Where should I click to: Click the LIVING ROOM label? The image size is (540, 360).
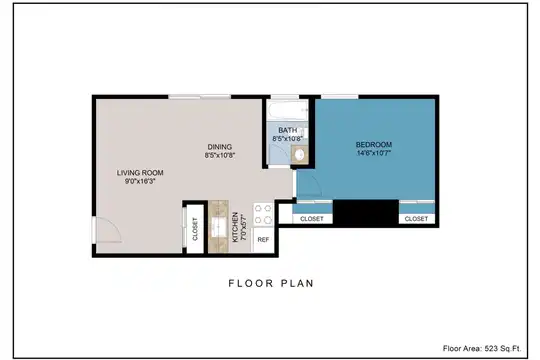140,173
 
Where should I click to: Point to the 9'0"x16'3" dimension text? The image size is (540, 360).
140,181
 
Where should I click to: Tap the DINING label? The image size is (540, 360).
220,147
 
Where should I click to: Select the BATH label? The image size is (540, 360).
288,131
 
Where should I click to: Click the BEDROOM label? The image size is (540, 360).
374,145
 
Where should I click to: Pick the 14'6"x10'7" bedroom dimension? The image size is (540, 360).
374,153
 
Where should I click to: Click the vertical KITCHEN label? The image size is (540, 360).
236,227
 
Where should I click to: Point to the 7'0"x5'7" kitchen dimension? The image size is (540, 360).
243,227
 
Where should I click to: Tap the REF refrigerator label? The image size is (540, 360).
263,240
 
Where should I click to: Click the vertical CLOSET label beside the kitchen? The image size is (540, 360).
195,229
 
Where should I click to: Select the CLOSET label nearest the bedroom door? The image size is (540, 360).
312,219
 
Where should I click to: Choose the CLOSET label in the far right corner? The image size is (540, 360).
416,219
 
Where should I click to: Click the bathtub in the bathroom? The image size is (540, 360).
288,110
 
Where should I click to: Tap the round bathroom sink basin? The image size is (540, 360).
300,154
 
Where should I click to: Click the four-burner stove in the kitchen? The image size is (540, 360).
263,214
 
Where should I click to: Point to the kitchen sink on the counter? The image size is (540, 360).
218,227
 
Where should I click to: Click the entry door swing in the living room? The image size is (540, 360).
108,230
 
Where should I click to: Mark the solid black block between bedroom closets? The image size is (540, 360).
366,212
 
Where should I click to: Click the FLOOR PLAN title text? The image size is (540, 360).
271,284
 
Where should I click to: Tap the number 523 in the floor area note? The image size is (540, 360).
491,348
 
